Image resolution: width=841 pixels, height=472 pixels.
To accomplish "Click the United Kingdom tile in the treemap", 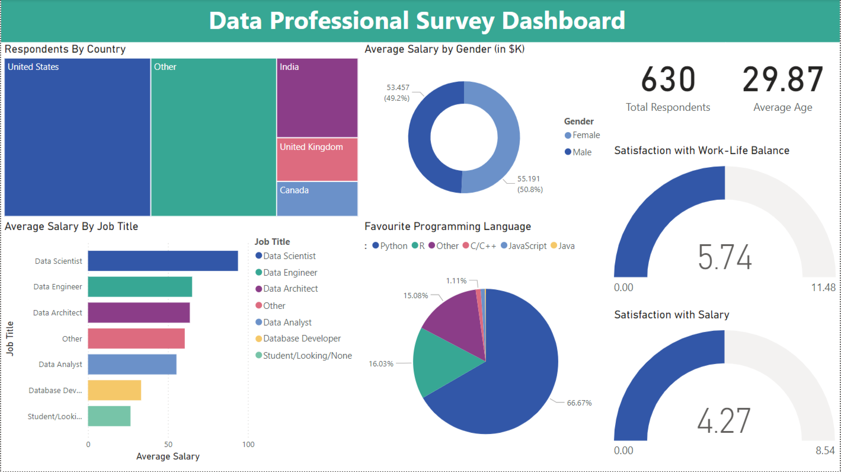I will click(317, 160).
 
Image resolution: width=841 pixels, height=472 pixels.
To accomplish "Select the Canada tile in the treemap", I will click(317, 199).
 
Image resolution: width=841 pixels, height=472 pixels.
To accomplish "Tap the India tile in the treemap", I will click(317, 98).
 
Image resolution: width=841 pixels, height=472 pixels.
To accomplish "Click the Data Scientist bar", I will click(163, 261).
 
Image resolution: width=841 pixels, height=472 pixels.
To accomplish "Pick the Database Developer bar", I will click(114, 390).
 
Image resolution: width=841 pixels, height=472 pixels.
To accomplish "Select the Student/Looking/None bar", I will click(109, 416).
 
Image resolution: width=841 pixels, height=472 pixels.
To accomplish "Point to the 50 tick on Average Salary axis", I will click(168, 444).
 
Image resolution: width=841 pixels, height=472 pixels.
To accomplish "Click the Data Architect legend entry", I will click(290, 289).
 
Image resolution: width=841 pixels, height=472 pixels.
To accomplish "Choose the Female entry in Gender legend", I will click(586, 135).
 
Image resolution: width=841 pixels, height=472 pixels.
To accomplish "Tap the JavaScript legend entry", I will click(527, 245).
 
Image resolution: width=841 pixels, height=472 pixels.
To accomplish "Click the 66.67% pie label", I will click(579, 403).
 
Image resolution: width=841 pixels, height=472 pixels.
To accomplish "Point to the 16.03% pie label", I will click(381, 363).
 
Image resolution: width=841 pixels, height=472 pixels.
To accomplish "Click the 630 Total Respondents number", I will click(668, 79).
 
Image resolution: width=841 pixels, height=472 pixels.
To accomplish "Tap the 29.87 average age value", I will click(783, 79).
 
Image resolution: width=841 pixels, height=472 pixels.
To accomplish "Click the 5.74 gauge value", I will click(725, 258).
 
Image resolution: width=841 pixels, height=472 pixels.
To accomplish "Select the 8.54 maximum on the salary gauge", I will click(825, 451).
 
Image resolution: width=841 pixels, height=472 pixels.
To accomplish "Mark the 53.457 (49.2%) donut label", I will click(398, 93).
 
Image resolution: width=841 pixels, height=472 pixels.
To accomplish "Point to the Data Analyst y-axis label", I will click(60, 365).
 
